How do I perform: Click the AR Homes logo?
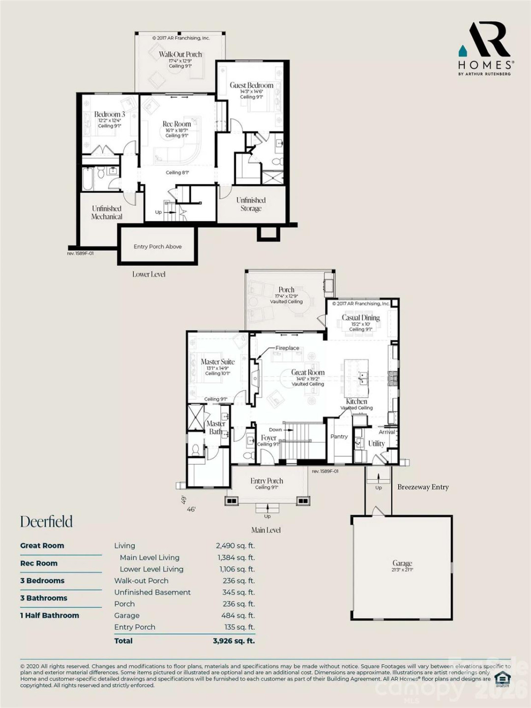pyautogui.click(x=486, y=48)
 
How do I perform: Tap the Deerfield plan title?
pyautogui.click(x=46, y=522)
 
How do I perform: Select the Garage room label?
pyautogui.click(x=402, y=563)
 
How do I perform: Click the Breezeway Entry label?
pyautogui.click(x=423, y=487)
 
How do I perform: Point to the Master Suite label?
pyautogui.click(x=217, y=362)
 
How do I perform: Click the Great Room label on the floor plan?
pyautogui.click(x=308, y=373)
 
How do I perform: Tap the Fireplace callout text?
pyautogui.click(x=287, y=348)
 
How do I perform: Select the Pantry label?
pyautogui.click(x=339, y=437)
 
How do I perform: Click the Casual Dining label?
pyautogui.click(x=361, y=318)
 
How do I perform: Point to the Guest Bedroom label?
pyautogui.click(x=251, y=86)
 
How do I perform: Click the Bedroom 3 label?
pyautogui.click(x=109, y=115)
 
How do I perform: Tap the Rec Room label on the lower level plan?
pyautogui.click(x=177, y=124)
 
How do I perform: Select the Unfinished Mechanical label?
pyautogui.click(x=107, y=212)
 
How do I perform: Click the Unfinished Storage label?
pyautogui.click(x=251, y=204)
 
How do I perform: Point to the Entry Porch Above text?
pyautogui.click(x=157, y=247)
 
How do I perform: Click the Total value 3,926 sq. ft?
pyautogui.click(x=234, y=641)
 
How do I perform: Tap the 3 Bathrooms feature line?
pyautogui.click(x=44, y=598)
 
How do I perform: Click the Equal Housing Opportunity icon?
pyautogui.click(x=501, y=678)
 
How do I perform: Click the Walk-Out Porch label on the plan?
pyautogui.click(x=180, y=55)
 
